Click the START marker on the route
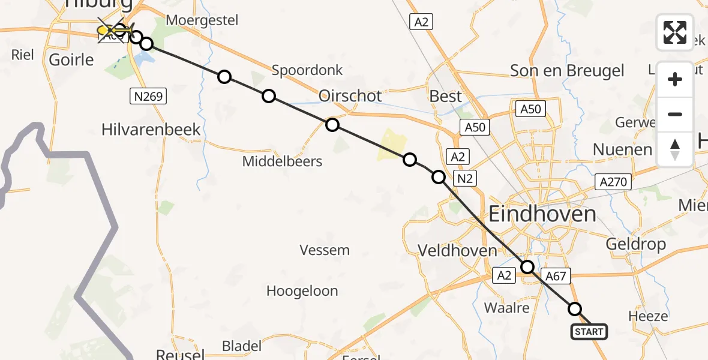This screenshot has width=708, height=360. click(x=589, y=332)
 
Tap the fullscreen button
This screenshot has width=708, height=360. click(x=675, y=32)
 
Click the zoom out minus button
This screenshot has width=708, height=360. click(x=675, y=114)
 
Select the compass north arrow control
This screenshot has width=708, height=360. click(x=675, y=149)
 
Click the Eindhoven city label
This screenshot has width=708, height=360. click(x=542, y=214)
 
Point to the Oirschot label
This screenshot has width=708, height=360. click(x=351, y=96)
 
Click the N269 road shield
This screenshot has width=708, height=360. click(x=148, y=96)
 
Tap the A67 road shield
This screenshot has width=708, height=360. click(x=556, y=275)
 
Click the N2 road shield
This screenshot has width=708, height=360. click(x=464, y=178)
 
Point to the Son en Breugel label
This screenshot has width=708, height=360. click(x=567, y=71)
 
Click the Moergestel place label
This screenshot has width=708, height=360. click(x=202, y=20)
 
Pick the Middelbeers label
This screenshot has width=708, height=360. click(x=282, y=161)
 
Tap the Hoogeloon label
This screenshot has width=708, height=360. click(x=302, y=292)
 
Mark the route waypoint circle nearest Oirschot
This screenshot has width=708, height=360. click(x=332, y=125)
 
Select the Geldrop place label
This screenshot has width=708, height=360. click(x=636, y=244)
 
